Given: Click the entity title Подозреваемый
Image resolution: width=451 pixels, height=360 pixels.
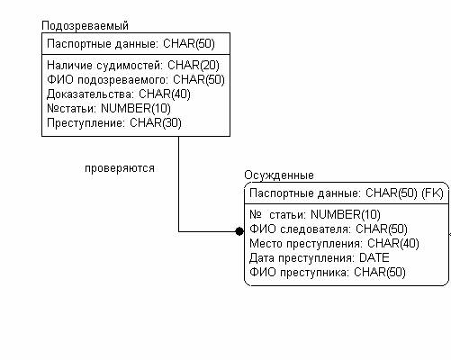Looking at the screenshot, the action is point(85,26).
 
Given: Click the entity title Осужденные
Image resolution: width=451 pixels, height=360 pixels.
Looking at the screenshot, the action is point(279,175).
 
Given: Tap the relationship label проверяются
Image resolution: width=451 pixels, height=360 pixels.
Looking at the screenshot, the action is point(120,168).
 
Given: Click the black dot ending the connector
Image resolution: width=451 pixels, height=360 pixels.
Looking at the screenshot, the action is point(239,231).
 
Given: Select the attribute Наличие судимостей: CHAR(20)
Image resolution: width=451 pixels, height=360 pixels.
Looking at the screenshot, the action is point(133,65).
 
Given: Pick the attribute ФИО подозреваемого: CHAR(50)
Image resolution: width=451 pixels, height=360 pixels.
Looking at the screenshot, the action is point(136,79).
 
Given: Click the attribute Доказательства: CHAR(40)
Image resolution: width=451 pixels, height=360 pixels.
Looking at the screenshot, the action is point(119,94).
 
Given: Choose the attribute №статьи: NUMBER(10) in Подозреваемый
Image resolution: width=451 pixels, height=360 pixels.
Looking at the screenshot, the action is point(109,108).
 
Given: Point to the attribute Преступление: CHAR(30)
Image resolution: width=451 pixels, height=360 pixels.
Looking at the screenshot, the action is point(114,122).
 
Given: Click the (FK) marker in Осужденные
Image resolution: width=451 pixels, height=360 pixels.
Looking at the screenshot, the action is point(432,193).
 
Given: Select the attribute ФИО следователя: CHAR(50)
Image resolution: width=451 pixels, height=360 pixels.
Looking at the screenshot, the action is point(329,229).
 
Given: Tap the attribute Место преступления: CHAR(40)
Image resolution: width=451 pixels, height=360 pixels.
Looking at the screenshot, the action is point(334,244).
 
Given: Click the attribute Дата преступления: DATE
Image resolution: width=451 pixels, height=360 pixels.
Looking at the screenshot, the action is point(320,258).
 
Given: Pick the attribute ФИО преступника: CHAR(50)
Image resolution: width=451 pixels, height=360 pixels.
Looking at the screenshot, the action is point(328,273).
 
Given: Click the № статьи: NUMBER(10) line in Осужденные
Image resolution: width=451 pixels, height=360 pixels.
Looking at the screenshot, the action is point(315,215).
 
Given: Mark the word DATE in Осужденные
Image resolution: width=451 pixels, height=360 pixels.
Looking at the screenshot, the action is point(374,258).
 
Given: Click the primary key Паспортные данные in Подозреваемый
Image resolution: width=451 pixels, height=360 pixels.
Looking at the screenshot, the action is point(102,44).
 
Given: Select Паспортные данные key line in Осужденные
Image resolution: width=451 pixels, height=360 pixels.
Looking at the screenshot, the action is point(347,193).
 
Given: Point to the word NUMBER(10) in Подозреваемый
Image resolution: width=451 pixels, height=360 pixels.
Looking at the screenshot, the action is point(136,108).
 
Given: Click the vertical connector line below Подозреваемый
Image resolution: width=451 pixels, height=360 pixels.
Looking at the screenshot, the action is point(179,184).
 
